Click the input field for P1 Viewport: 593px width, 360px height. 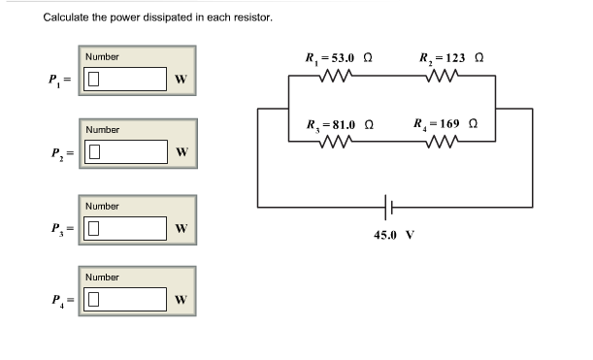pos(125,80)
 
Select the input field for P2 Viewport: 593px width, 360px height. pos(125,152)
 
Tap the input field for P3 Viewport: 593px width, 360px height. pos(125,228)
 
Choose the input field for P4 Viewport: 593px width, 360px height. pos(125,299)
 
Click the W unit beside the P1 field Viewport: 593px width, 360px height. pos(181,80)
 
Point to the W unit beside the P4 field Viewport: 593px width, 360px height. pos(181,299)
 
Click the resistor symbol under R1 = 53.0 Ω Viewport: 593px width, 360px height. pos(334,77)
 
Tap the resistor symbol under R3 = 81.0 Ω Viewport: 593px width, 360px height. pos(335,143)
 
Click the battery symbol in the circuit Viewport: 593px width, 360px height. pos(389,206)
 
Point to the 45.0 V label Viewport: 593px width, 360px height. pos(394,235)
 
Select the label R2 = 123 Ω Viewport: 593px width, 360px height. pos(451,57)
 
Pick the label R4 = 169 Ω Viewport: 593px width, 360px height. pos(445,124)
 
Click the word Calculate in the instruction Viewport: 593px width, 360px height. pos(68,17)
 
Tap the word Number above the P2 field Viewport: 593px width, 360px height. pos(102,129)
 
